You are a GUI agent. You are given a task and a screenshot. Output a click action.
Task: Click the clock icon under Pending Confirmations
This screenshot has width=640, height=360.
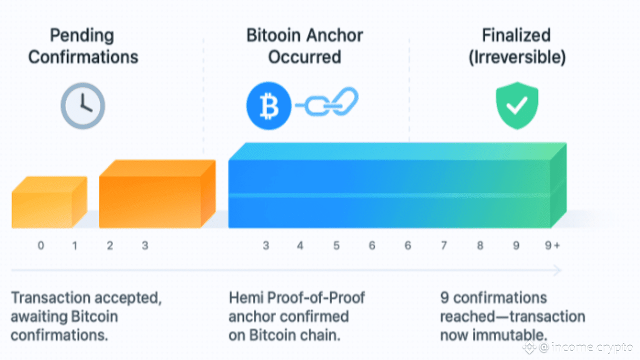[x=83, y=106]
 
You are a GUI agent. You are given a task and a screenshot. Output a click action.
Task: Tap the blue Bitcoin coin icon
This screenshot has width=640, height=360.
[x=269, y=106]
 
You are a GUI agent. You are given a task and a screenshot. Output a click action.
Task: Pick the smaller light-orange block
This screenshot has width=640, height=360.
[x=49, y=202]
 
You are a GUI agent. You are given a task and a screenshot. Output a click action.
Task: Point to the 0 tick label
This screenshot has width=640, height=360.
[x=41, y=245]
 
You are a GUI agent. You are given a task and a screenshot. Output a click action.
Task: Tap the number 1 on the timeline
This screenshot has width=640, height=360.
[x=74, y=245]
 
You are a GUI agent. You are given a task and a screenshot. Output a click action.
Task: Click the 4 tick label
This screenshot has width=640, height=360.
[x=300, y=245]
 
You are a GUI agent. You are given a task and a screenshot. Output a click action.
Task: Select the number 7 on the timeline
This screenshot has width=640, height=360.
[x=443, y=245]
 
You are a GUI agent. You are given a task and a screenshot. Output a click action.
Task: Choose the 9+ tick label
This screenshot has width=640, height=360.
[x=552, y=245]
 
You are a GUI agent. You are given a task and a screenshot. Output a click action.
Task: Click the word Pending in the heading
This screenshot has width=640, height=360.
[x=82, y=36]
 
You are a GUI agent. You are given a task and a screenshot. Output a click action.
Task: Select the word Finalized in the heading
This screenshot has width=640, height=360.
[x=516, y=36]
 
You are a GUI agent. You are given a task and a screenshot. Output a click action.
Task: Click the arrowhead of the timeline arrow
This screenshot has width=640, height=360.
[x=558, y=270]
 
